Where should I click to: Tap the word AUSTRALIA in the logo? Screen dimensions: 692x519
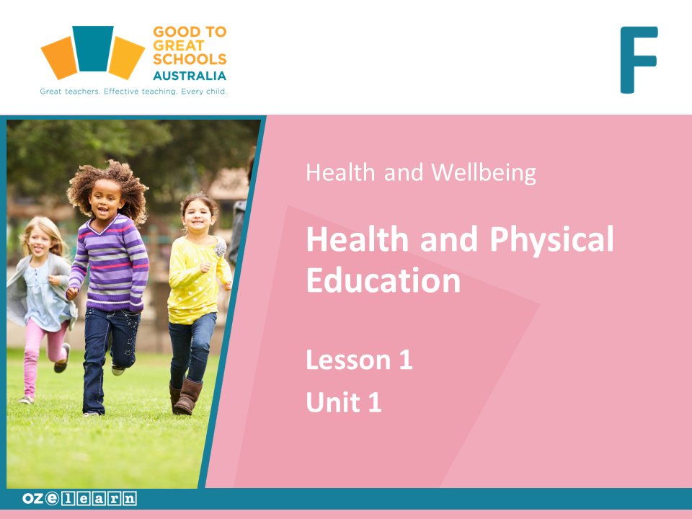(190, 76)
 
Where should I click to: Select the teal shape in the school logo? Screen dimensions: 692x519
(93, 48)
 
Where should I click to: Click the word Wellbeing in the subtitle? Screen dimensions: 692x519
(484, 172)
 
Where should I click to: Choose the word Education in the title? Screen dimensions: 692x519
(383, 280)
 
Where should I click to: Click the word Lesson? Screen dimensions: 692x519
(349, 360)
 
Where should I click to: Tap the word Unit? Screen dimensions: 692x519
(333, 402)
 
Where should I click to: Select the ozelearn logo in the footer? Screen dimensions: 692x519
(79, 498)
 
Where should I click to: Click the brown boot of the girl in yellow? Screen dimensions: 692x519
(188, 396)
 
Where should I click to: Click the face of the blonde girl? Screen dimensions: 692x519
(40, 244)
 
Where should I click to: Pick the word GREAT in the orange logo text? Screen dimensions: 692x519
(178, 45)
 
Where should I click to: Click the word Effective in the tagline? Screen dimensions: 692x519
(121, 92)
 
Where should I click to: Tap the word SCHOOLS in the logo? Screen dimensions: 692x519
(190, 59)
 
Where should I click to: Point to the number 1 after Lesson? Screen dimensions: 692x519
(406, 360)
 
